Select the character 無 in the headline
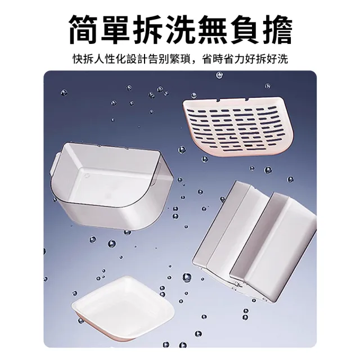pyautogui.click(x=212, y=30)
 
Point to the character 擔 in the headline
pyautogui.click(x=277, y=30)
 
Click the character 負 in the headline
pyautogui.click(x=244, y=30)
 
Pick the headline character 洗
pyautogui.click(x=180, y=30)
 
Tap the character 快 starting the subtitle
pyautogui.click(x=78, y=59)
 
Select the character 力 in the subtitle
pyautogui.click(x=240, y=59)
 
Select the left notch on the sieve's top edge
pyautogui.click(x=218, y=100)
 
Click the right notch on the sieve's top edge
pyautogui.click(x=247, y=100)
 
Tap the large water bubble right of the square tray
pyautogui.click(x=187, y=277)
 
